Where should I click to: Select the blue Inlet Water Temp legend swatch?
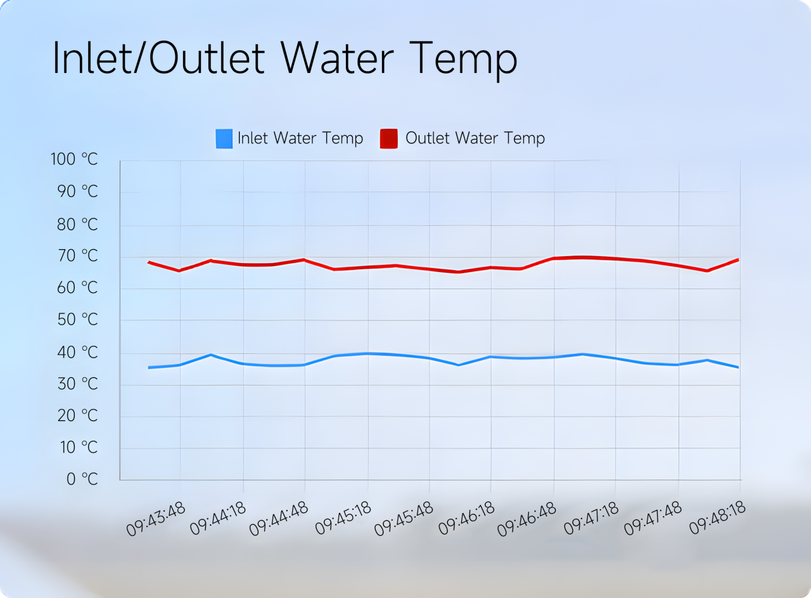coord(224,138)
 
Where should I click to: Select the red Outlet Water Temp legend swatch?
coord(388,138)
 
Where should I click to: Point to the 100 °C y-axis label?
coord(74,159)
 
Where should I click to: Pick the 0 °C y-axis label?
coord(82,479)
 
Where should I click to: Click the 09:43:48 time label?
coord(156,519)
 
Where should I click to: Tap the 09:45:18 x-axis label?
coord(342,519)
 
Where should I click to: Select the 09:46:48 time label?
coord(529,519)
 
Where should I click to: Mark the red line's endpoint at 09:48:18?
coord(738,259)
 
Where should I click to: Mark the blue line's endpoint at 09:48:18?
coord(738,367)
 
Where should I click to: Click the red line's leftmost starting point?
coord(149,262)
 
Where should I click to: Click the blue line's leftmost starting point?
coord(149,367)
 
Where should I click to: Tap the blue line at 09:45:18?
coord(367,353)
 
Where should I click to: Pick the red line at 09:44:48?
coord(305,259)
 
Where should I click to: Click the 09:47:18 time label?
coord(591,519)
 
